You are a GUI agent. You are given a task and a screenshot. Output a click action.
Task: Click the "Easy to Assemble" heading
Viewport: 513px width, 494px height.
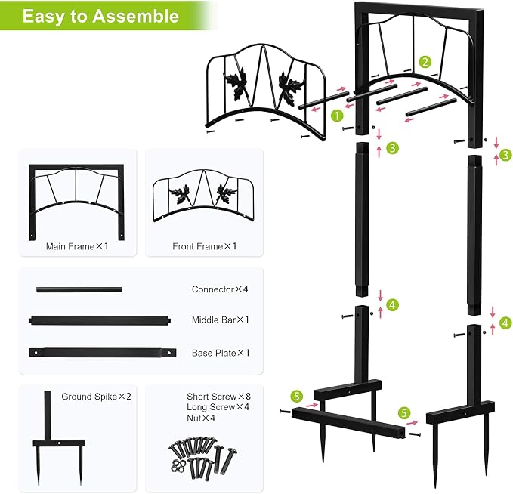100,16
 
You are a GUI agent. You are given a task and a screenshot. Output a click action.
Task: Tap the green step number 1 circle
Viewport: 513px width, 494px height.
337,116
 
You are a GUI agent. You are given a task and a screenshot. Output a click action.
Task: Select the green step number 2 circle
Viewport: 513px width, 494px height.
425,62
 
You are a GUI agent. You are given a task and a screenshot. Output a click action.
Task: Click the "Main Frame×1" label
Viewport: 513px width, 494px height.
77,246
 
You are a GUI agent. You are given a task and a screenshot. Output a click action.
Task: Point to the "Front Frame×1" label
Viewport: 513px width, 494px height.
204,246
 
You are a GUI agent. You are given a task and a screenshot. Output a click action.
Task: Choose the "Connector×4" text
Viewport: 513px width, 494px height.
220,289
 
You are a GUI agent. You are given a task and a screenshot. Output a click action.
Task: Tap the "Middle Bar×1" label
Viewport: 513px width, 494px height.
220,320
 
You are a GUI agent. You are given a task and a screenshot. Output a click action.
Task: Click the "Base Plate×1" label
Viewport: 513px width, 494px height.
221,353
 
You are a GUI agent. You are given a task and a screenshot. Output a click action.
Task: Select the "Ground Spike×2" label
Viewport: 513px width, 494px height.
96,397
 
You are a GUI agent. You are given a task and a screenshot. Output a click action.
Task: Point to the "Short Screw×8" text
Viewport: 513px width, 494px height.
218,397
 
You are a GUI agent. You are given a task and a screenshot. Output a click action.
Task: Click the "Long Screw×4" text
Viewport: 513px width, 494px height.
218,407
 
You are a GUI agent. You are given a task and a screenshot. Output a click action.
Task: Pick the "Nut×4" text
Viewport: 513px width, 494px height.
201,418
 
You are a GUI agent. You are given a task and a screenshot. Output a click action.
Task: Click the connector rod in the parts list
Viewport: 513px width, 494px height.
79,289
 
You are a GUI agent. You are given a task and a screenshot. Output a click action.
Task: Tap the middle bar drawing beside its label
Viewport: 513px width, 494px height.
100,320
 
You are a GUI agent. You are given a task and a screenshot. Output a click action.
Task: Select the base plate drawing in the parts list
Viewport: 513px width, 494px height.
103,353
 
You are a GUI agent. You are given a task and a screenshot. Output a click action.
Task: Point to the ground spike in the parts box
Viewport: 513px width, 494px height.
59,438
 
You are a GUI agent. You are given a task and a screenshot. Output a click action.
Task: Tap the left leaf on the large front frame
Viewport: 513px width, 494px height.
236,83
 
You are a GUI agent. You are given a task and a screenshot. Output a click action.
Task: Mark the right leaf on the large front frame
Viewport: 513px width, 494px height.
291,85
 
